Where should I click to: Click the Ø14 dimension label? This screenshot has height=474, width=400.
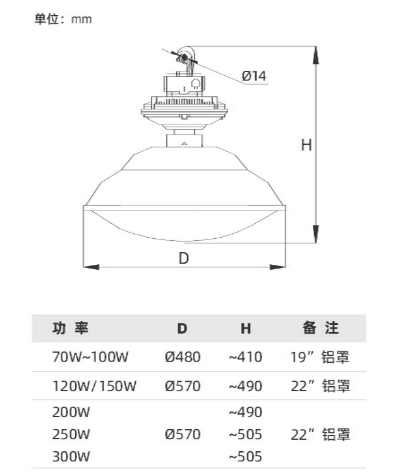[x=254, y=76]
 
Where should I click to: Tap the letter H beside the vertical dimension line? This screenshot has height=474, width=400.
[x=306, y=145]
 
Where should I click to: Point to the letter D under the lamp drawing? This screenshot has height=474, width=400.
[x=184, y=258]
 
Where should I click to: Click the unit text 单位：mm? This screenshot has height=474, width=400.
[x=63, y=20]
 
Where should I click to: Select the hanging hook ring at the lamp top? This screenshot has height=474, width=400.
[x=185, y=56]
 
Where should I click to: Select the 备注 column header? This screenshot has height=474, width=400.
[x=321, y=328]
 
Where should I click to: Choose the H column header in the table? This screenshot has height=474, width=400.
[x=246, y=329]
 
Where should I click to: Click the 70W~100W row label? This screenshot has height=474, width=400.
[x=90, y=357]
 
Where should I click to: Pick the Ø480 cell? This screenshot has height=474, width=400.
[x=182, y=357]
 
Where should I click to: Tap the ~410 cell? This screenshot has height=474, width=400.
[x=245, y=357]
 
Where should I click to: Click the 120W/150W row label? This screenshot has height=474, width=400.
[x=95, y=386]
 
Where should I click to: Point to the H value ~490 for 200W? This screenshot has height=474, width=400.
[x=245, y=413]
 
